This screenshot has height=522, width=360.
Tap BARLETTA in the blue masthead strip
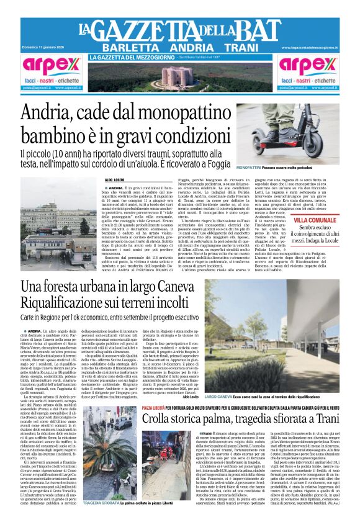127,48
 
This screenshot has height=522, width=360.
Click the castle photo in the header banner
180,76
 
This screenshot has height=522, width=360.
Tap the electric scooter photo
297,133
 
